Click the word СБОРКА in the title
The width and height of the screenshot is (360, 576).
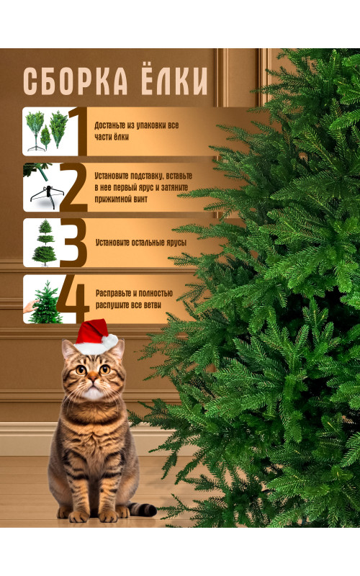pos(76,81)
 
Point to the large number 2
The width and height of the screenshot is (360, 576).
pos(74,187)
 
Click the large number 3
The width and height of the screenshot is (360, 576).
pos(73,243)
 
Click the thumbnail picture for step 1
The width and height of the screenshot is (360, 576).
pos(46,131)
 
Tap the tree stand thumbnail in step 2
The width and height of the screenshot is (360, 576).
pos(43,187)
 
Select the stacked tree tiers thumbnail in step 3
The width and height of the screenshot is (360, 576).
pos(43,243)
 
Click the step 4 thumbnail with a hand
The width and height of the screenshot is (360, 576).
pos(42,299)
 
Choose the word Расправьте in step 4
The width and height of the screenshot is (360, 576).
pos(113,294)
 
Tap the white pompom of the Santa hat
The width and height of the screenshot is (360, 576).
pos(109,341)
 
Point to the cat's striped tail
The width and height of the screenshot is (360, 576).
pos(142,508)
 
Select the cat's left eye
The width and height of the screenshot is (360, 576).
pos(81,369)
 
